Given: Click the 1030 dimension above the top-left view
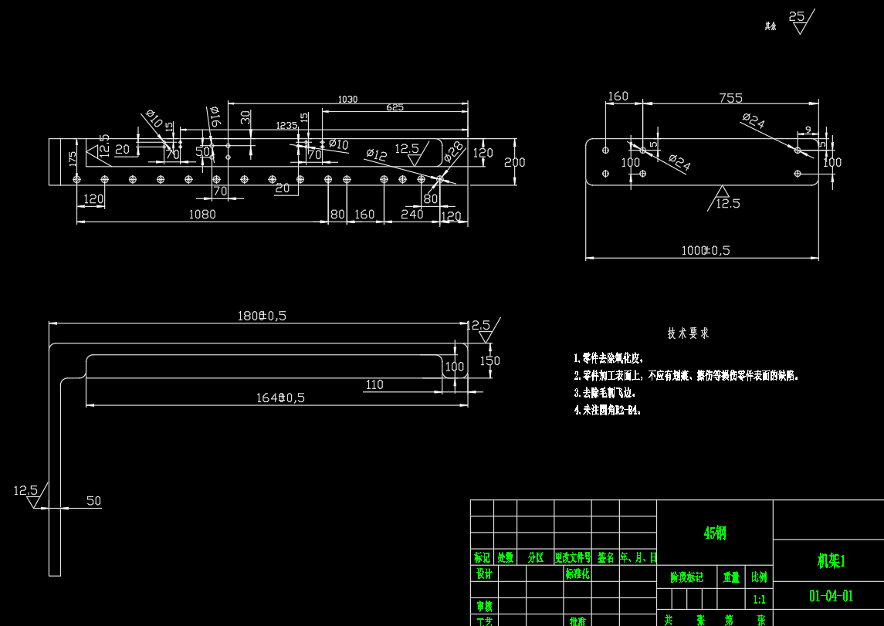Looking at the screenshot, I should (347, 100).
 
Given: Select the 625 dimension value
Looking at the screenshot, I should (395, 108).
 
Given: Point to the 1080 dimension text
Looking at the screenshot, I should (202, 214).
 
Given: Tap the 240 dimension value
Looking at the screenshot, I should (412, 214).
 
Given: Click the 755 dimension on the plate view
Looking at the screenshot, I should (730, 98).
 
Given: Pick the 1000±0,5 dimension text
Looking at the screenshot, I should (706, 250).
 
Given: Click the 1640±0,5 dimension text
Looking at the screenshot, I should (280, 398).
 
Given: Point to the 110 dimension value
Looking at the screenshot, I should (374, 384).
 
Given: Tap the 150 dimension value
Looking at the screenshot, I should (489, 361).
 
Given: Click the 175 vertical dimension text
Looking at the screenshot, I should (73, 157).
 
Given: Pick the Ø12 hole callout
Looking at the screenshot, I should (376, 154).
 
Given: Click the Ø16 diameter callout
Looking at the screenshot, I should (215, 117).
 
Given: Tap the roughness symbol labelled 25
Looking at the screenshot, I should (798, 16).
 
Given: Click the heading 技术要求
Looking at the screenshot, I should (688, 333).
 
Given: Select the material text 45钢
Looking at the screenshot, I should (714, 533).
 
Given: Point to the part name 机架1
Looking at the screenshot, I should (831, 561).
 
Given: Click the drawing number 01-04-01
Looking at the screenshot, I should (831, 596).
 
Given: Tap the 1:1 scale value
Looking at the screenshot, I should (760, 599).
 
